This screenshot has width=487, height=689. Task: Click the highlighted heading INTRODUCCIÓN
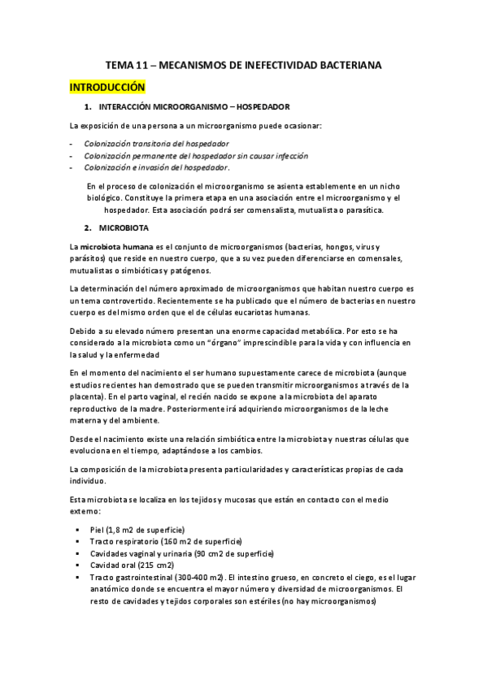tap(107, 86)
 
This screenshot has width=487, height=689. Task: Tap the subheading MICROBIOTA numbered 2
tap(124, 227)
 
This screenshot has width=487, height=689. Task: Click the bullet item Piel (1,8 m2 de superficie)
tap(137, 530)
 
